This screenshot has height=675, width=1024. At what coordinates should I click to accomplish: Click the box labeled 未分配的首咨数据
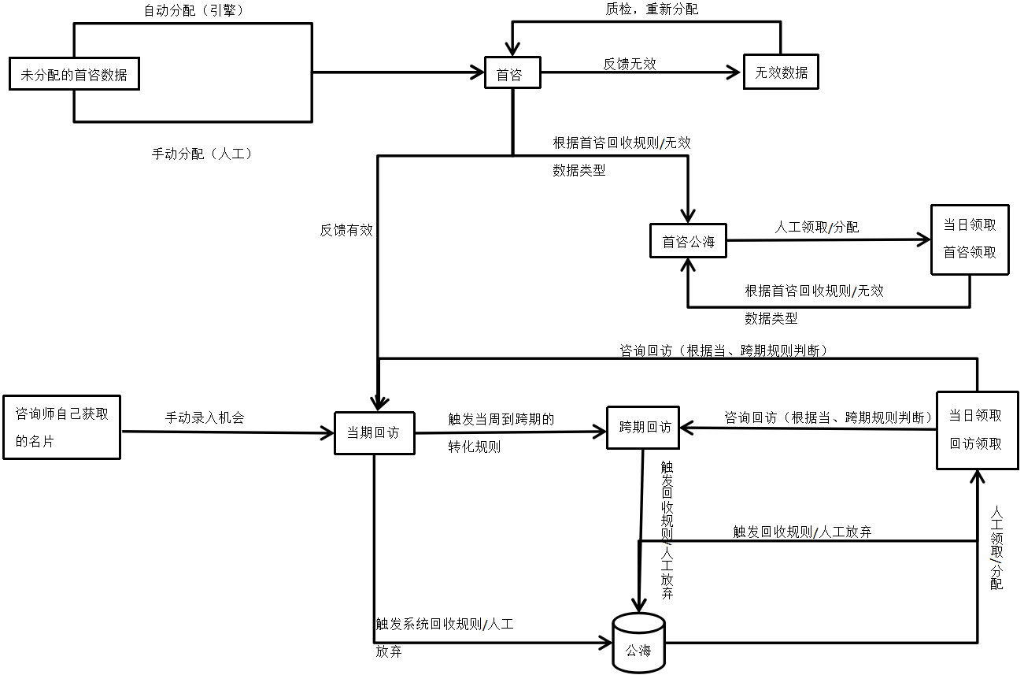pos(74,76)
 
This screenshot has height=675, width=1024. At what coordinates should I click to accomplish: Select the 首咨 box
pos(512,74)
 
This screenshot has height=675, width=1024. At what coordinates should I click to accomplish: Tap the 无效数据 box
pos(781,72)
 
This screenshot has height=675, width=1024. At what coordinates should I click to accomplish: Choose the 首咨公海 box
pos(688,242)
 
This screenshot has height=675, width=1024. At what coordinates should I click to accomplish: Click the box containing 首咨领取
pos(970,239)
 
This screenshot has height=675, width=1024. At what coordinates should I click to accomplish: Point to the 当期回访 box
pos(374,432)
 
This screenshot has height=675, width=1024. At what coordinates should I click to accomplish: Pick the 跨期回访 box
pos(644,428)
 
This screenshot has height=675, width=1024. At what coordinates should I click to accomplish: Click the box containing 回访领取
pos(976,429)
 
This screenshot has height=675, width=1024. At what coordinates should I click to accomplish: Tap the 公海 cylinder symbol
pos(638,644)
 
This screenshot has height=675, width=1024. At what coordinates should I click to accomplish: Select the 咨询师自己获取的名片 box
pos(62,427)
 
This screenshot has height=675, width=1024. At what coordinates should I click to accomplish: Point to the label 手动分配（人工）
pos(201,154)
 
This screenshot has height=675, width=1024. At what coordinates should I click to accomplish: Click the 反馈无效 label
pos(630,65)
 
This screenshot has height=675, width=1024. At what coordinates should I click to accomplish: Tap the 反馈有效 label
pos(346,230)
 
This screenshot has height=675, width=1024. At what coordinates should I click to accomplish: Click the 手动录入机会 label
pos(205,417)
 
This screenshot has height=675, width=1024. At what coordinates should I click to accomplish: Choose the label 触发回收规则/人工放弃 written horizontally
pos(802,532)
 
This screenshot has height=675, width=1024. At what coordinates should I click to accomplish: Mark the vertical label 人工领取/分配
pos(996,547)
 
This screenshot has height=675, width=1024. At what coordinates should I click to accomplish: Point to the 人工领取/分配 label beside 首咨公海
pos(816,228)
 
